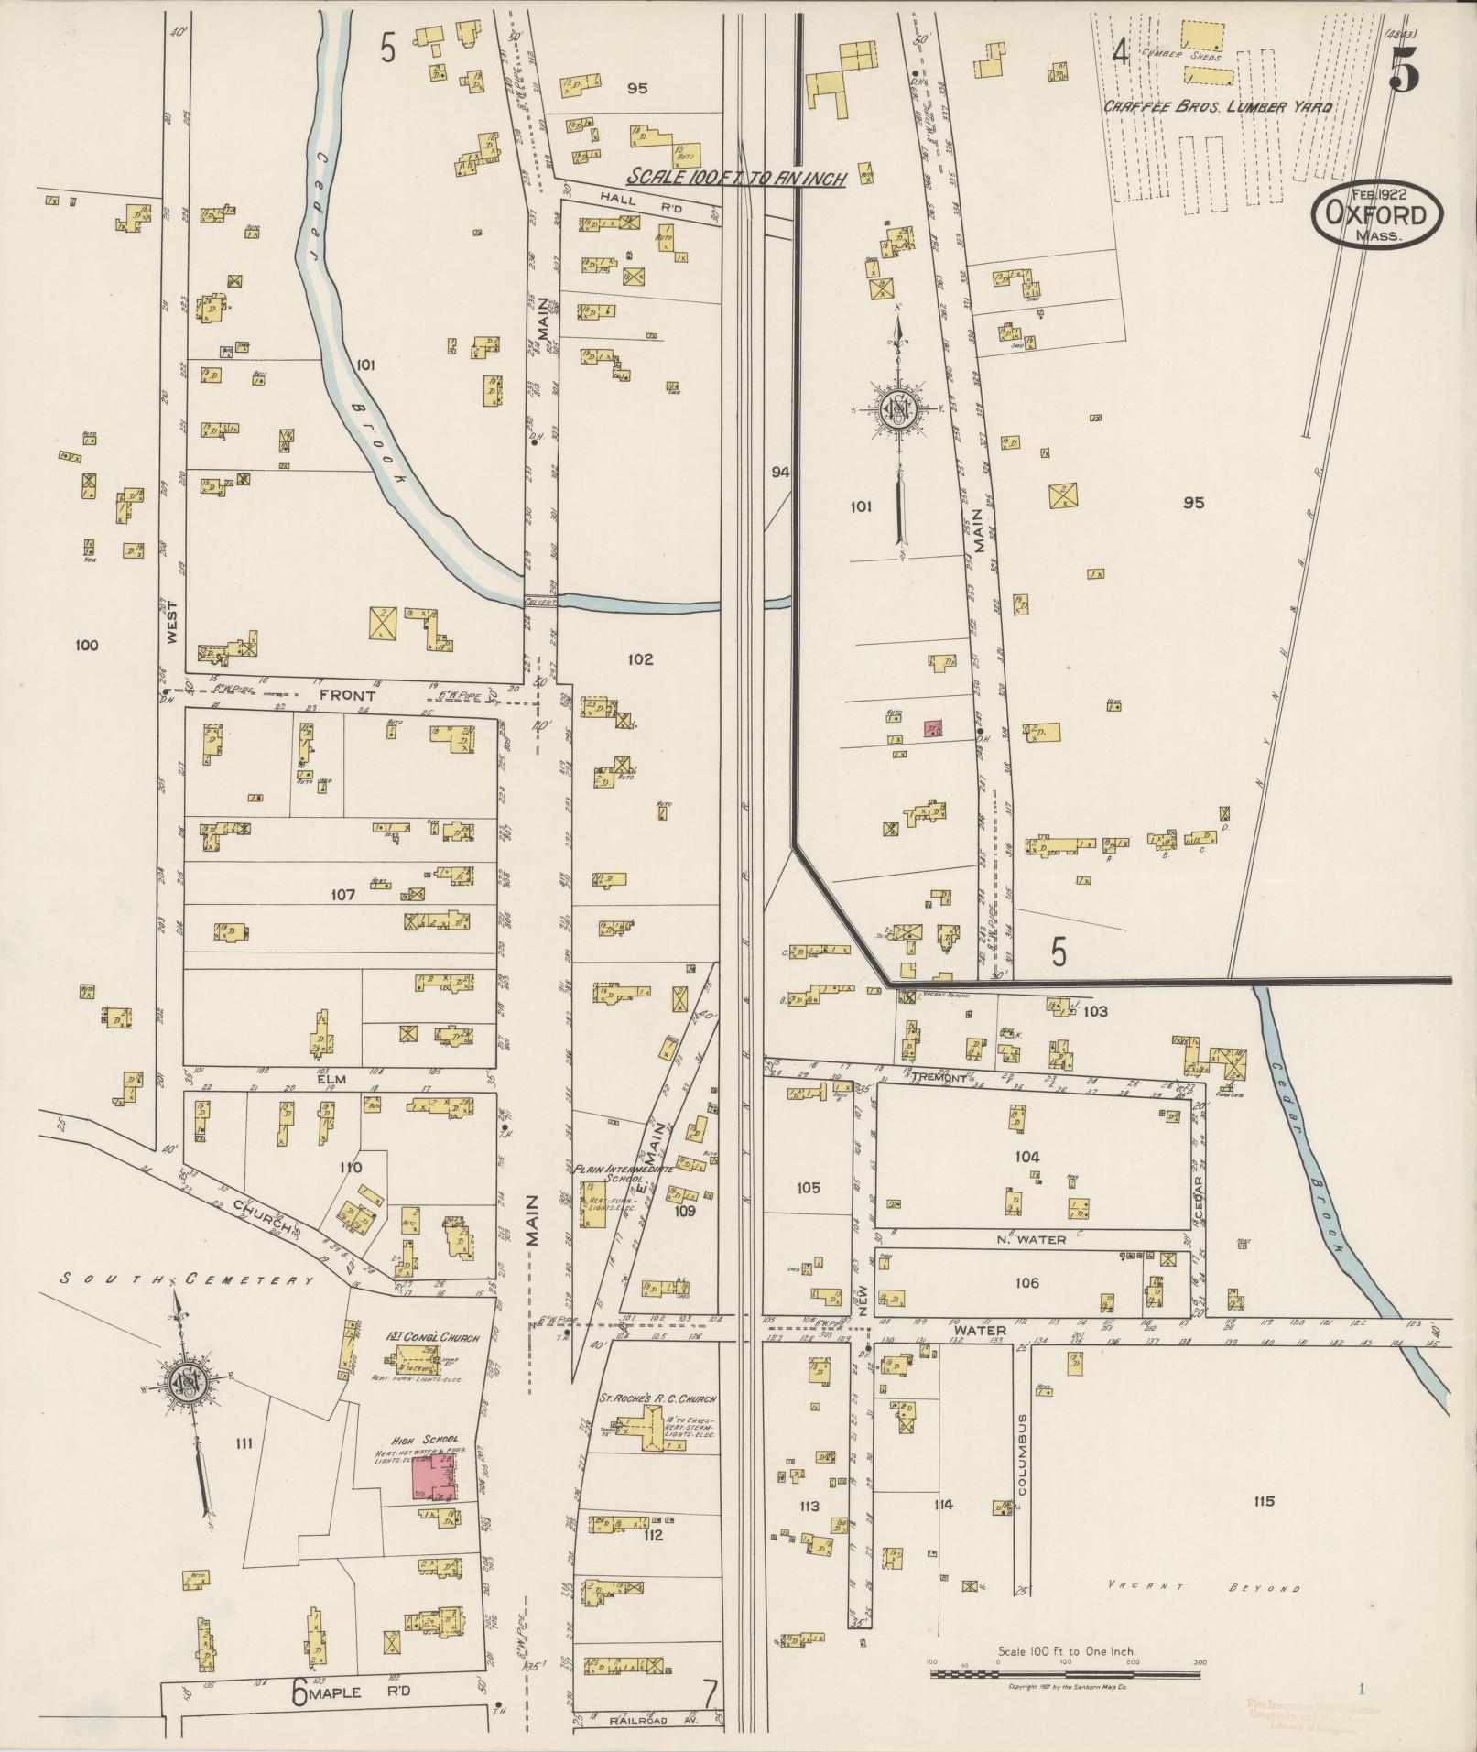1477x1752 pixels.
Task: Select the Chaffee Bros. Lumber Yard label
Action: click(x=1218, y=107)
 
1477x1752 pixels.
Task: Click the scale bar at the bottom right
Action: click(x=1065, y=1674)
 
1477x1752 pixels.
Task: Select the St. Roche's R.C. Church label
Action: click(x=657, y=1399)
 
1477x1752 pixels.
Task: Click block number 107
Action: click(x=342, y=895)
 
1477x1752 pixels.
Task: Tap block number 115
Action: click(x=1265, y=1501)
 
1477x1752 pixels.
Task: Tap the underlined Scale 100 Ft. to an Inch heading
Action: click(x=735, y=178)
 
